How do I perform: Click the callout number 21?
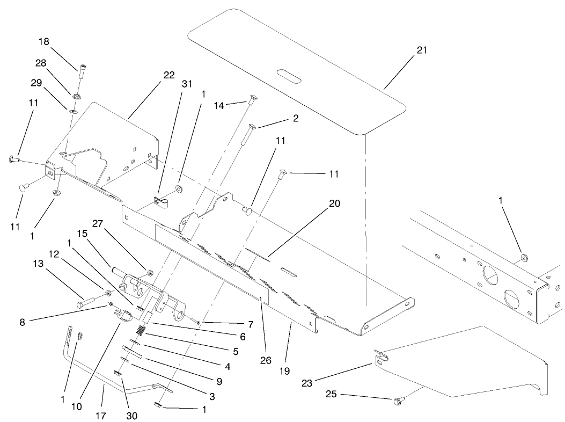(x=422, y=50)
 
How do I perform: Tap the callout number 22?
(x=168, y=75)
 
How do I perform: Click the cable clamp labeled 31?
(x=159, y=202)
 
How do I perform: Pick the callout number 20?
(x=335, y=204)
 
